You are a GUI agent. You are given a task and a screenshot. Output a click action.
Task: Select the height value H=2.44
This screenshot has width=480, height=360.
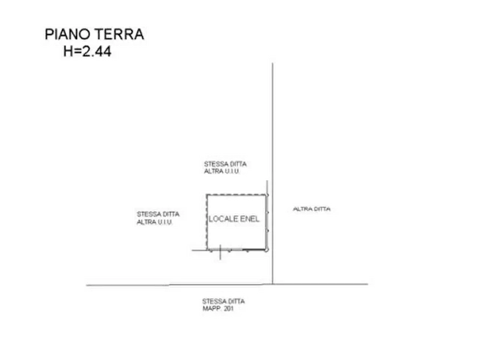[x=87, y=51]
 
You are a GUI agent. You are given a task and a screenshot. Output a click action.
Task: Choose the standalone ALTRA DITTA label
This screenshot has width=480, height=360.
[x=312, y=209]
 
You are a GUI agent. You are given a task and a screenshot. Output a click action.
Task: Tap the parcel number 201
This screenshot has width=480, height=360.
[x=228, y=308]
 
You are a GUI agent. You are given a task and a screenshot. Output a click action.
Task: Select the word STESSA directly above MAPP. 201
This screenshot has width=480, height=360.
[x=213, y=301]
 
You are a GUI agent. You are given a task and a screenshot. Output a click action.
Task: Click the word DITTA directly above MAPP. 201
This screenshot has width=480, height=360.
[x=235, y=301]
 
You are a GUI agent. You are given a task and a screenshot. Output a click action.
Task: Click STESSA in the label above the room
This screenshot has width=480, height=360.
[x=214, y=164]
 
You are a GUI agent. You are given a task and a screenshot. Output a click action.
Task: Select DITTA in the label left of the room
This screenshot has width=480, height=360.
[x=170, y=214]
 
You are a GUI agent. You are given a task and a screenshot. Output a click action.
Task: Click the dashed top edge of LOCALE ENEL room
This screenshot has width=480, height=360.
[x=237, y=195]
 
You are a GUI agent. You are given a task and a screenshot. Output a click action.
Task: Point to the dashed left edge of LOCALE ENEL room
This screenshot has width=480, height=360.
[x=207, y=222]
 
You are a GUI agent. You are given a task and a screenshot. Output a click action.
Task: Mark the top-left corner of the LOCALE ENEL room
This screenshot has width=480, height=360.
[x=207, y=195]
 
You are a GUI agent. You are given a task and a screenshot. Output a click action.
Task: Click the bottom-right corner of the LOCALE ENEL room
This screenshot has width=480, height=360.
[x=266, y=250]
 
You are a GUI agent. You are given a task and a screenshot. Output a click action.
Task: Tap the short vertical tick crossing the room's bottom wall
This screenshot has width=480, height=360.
[x=220, y=252]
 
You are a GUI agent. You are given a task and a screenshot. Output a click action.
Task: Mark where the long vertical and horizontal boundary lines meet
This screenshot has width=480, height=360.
[x=273, y=284]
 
